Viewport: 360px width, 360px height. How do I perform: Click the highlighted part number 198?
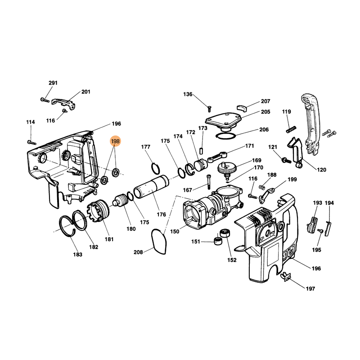115,141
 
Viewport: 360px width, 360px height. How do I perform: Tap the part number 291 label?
53,83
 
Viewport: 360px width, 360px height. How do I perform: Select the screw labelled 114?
31,143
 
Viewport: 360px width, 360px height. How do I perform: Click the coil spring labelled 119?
291,130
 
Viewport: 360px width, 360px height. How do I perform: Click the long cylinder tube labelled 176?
151,187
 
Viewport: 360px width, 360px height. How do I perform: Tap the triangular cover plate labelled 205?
224,121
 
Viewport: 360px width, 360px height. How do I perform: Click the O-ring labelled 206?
226,135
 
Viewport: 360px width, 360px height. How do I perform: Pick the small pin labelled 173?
202,151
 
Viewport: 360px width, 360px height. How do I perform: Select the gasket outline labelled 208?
159,241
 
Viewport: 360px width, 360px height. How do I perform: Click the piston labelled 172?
200,164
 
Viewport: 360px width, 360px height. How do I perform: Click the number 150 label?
175,231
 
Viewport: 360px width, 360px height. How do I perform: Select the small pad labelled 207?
241,108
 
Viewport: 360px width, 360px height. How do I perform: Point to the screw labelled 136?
209,109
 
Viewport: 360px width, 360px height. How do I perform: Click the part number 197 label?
310,288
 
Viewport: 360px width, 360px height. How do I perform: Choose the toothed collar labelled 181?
98,211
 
